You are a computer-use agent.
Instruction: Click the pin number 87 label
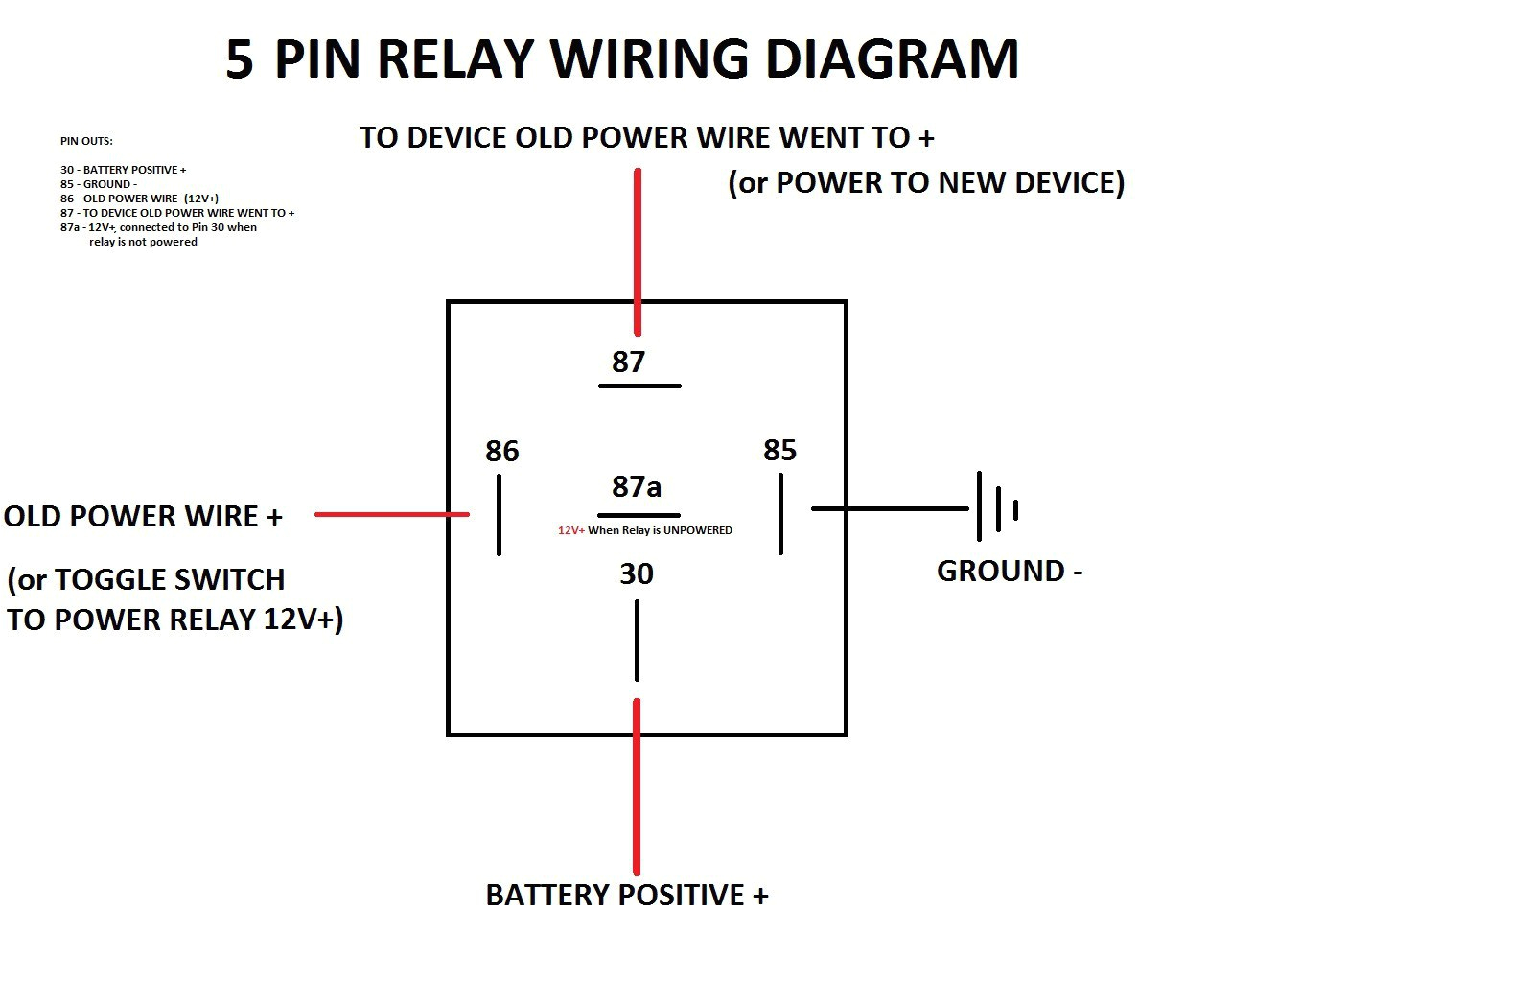pos(628,362)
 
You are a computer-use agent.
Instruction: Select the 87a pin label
pos(637,486)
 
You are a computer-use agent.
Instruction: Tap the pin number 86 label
pos(501,451)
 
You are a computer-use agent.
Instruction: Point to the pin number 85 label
pos(779,450)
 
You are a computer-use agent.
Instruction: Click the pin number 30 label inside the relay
pos(637,573)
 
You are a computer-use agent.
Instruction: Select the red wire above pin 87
pos(637,251)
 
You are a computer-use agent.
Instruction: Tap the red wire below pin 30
pos(637,786)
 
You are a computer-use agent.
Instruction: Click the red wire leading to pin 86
pos(391,514)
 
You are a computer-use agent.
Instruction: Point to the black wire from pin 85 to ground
pos(890,508)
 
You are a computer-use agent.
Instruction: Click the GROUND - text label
pos(1009,571)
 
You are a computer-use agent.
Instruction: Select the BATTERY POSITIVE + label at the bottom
pos(627,895)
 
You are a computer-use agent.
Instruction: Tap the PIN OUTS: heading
pos(86,141)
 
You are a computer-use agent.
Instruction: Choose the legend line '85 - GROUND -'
pos(99,184)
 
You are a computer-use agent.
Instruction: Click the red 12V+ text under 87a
pos(571,530)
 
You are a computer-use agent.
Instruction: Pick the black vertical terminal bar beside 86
pos(499,514)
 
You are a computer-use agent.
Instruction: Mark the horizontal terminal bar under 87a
pos(639,515)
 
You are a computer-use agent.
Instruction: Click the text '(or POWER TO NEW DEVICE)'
pos(926,182)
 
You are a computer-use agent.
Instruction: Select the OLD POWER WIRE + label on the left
pos(144,516)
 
